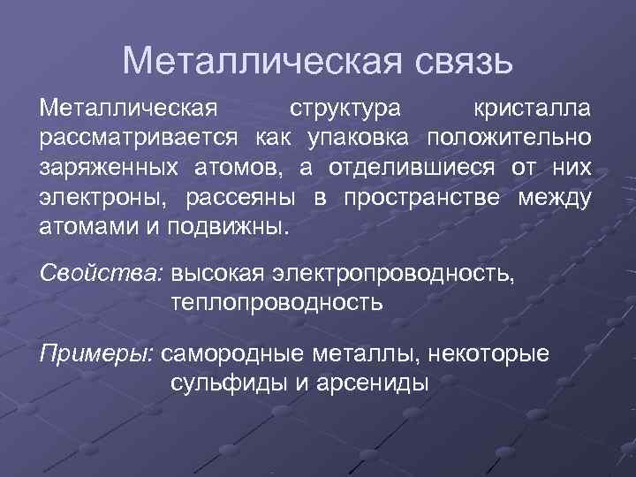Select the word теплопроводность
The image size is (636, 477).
click(276, 303)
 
